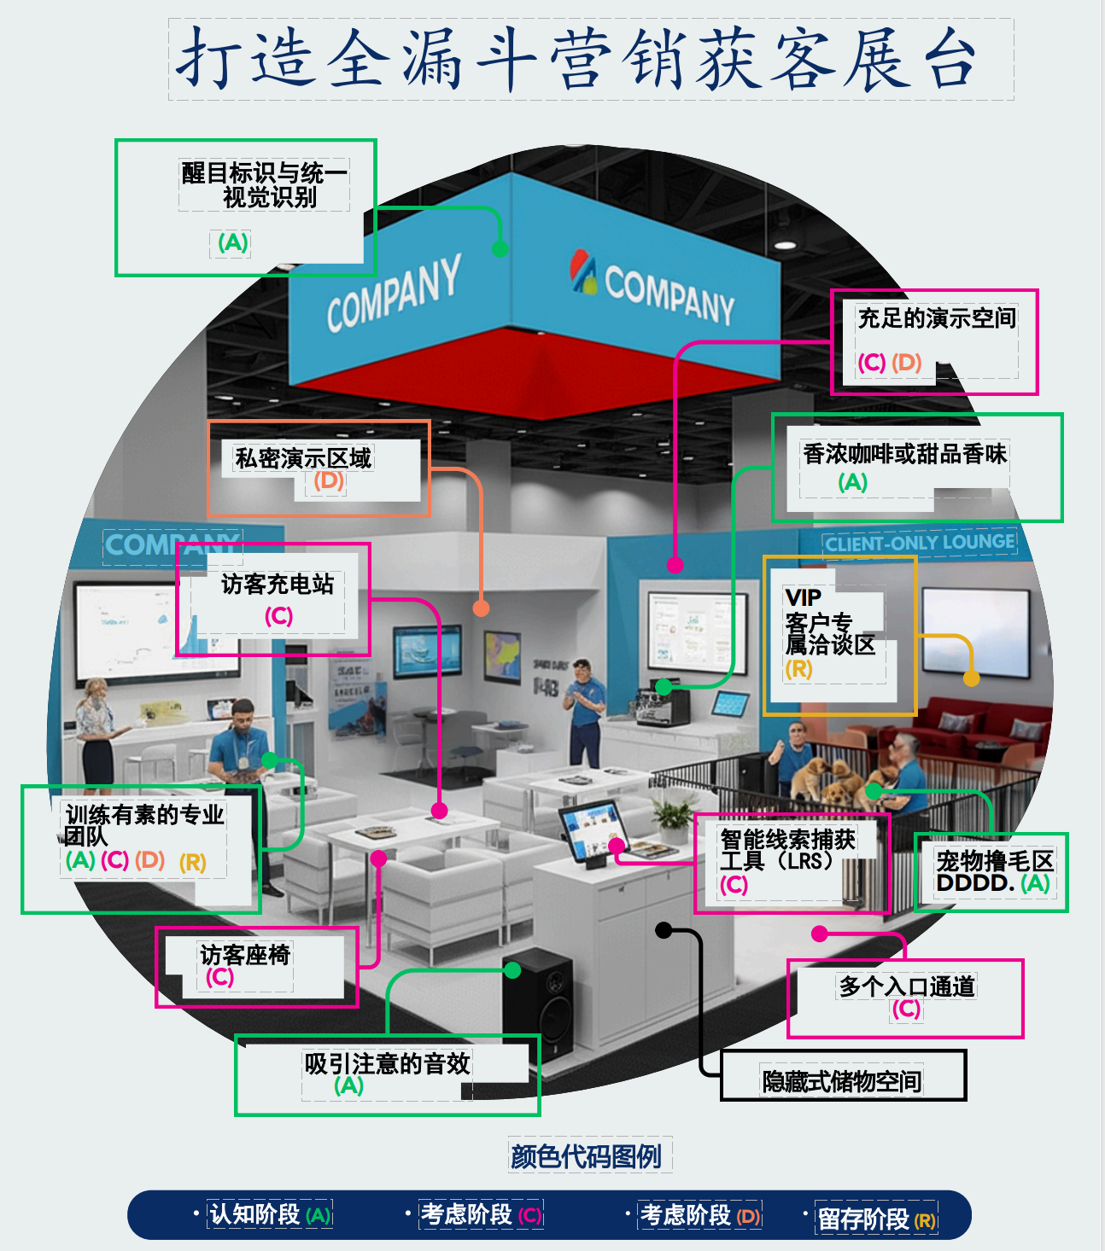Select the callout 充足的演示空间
(936, 319)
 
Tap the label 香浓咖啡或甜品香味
(903, 454)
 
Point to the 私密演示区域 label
(303, 459)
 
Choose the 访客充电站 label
(278, 585)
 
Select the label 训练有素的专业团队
(143, 825)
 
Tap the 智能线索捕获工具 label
(786, 850)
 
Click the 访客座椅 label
(245, 955)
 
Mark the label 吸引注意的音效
(387, 1064)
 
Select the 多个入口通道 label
(906, 986)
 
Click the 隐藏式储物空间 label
(842, 1081)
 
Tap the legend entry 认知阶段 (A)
(270, 1214)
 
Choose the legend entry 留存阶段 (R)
(876, 1219)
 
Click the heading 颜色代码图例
(586, 1156)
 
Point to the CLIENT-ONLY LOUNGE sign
(920, 543)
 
